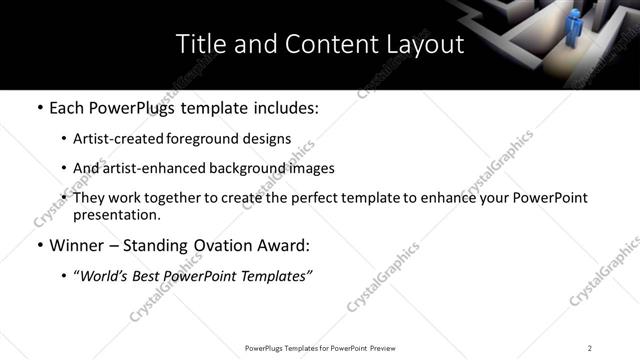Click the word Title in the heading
[x=199, y=44]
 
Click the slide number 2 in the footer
[x=590, y=348]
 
